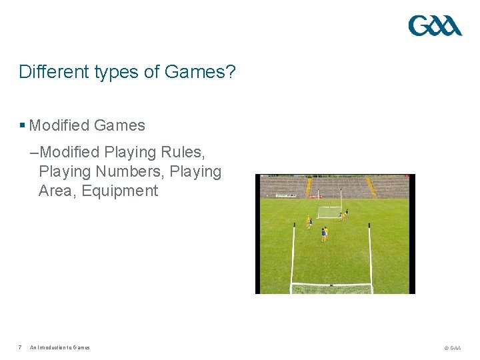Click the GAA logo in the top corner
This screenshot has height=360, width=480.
[x=435, y=26]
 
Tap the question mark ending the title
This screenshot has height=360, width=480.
[x=231, y=71]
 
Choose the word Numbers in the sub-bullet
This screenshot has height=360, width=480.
[x=130, y=172]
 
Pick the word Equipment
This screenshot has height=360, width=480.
[x=120, y=191]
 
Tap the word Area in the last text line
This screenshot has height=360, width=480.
[x=57, y=191]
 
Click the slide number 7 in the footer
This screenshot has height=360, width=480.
[x=21, y=347]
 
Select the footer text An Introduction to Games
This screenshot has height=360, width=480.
[x=59, y=347]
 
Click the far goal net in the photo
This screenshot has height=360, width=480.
[x=328, y=213]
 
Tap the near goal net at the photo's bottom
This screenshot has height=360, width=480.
[x=331, y=289]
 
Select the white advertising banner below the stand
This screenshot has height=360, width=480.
[x=287, y=195]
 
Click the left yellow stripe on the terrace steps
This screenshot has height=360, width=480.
[x=309, y=187]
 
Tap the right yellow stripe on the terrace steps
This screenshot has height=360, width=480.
[x=371, y=187]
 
